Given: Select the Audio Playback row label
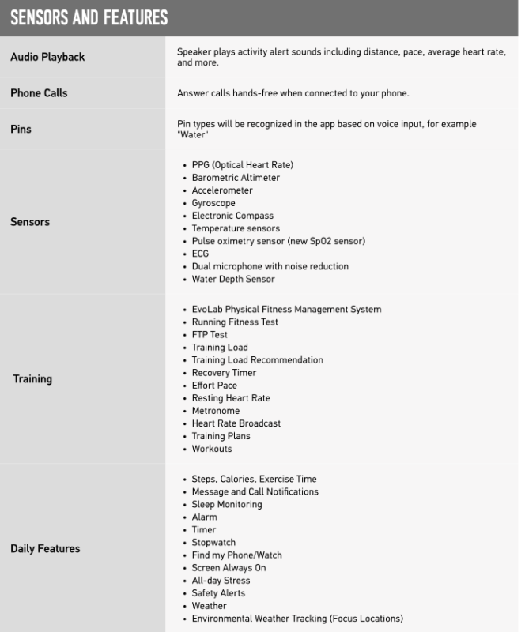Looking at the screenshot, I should [x=47, y=57].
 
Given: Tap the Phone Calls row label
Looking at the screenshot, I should [x=39, y=93].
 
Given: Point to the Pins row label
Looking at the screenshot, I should [x=21, y=128].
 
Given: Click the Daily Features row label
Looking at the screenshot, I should [x=45, y=548].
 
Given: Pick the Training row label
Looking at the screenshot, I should [x=32, y=378].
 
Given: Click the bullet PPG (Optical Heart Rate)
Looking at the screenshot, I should [x=242, y=165].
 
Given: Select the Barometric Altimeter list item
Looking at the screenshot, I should [x=236, y=178].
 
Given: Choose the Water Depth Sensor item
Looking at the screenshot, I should [x=233, y=279].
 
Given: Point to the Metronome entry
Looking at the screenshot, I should [x=215, y=411].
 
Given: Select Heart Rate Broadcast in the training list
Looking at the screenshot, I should [x=236, y=423].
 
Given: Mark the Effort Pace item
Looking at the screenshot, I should [x=214, y=386].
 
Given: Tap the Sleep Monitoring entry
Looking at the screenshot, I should [x=226, y=504].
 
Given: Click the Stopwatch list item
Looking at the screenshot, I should [x=213, y=542].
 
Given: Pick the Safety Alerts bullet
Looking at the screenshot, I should [x=218, y=592].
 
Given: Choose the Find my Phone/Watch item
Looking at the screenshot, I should [x=236, y=555].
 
